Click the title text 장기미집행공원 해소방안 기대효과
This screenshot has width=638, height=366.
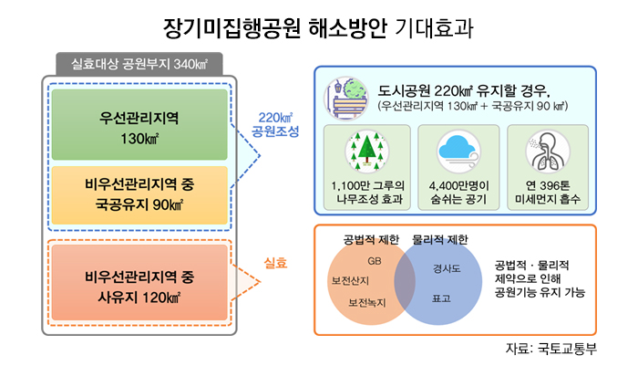[318, 28]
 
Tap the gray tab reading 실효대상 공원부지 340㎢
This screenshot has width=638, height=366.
[139, 64]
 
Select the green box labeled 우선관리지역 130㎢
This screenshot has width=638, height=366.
[139, 124]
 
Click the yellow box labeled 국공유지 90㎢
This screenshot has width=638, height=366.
[139, 194]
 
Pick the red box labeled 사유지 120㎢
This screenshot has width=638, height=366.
[139, 282]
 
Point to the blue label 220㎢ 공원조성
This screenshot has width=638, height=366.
[275, 124]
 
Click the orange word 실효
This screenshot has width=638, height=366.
[275, 263]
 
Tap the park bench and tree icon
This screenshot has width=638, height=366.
[345, 99]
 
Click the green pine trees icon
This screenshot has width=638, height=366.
[367, 151]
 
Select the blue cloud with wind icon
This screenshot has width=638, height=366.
[458, 152]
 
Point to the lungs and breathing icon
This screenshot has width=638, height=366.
[548, 152]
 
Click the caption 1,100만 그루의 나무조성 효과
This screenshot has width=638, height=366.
[368, 193]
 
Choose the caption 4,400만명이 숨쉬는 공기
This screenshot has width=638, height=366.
[458, 193]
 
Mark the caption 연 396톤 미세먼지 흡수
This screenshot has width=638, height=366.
[548, 193]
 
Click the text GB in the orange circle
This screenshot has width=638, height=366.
[375, 261]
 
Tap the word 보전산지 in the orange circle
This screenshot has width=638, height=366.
[350, 281]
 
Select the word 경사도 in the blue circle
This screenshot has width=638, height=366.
[447, 268]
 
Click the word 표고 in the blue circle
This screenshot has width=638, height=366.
[441, 298]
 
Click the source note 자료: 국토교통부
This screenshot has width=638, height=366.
[551, 349]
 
